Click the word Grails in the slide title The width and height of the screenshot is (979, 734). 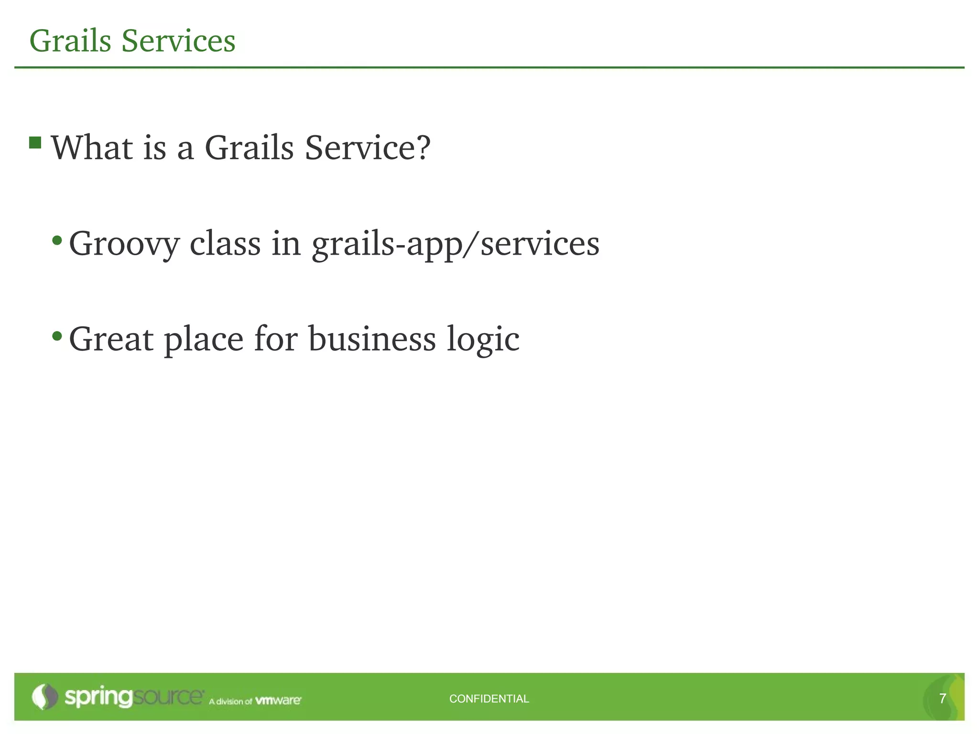(x=70, y=41)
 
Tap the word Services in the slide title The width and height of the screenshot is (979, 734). (x=178, y=41)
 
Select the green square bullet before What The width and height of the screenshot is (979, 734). (x=35, y=142)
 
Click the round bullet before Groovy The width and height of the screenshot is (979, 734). (x=57, y=240)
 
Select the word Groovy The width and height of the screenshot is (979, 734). (x=124, y=244)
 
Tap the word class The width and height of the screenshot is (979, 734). (x=225, y=243)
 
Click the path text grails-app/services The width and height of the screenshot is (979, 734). (x=456, y=244)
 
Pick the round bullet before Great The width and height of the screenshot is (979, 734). (x=57, y=336)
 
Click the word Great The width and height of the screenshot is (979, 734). (x=111, y=339)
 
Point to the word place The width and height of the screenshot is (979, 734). (x=204, y=340)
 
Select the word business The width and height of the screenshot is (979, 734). (x=372, y=339)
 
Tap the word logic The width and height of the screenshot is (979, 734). (x=483, y=340)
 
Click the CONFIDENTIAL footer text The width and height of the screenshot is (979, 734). (x=489, y=699)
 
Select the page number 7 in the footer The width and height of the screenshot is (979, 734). (x=942, y=699)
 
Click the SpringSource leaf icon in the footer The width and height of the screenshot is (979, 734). (x=44, y=697)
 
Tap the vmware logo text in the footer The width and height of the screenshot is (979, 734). (x=278, y=701)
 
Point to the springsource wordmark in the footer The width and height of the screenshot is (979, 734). (x=134, y=697)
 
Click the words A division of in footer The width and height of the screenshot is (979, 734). (x=230, y=702)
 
